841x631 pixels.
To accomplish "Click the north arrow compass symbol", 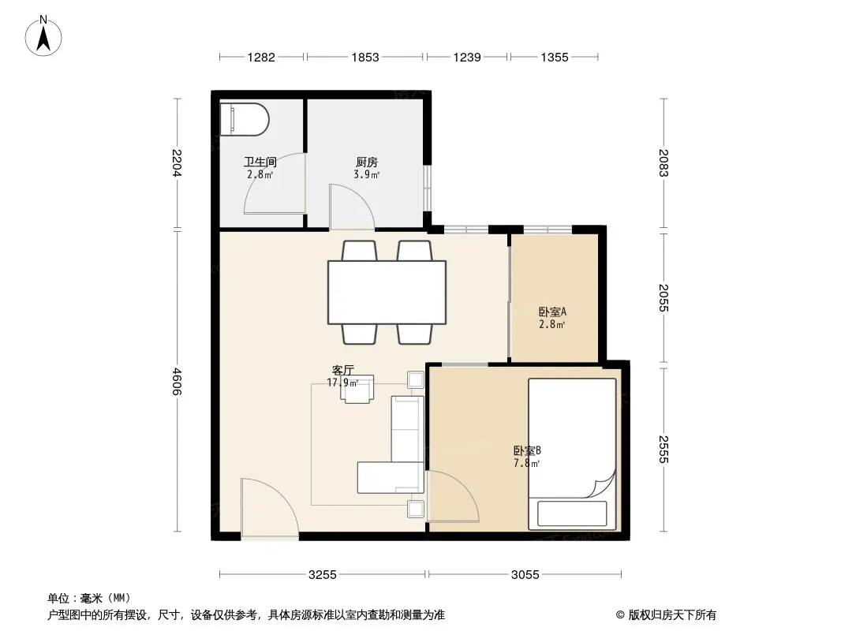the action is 43,36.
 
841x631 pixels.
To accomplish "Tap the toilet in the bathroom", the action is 244,119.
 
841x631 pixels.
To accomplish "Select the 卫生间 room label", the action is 260,162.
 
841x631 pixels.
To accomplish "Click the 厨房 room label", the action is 367,162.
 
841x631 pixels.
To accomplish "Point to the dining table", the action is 387,292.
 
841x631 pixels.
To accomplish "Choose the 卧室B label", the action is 527,451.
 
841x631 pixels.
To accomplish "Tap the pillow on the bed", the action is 572,513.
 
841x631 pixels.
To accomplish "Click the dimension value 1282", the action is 261,58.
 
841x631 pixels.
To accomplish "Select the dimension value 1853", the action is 365,58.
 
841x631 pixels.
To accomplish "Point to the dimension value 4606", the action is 177,382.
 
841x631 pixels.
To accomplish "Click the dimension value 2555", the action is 663,450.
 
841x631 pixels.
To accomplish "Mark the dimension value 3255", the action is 323,575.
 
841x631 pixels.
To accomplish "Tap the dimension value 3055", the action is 525,575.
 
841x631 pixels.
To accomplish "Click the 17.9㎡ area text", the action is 342,383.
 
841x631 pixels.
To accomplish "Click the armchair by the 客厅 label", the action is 357,389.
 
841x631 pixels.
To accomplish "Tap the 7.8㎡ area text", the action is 527,463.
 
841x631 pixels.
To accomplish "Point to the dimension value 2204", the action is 177,163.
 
